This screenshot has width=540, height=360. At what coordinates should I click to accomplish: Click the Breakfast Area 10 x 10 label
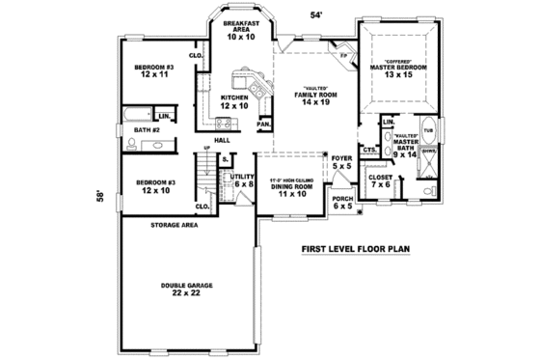coord(236,29)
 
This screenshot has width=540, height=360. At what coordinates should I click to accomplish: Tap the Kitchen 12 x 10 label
coord(235,102)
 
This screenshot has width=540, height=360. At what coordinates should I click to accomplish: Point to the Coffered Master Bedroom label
coord(398,69)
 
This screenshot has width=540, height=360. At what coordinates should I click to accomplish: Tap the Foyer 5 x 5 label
coord(342,161)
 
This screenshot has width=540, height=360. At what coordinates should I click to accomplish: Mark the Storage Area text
coord(174,225)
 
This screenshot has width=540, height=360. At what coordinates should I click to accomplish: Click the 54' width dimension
coord(315,14)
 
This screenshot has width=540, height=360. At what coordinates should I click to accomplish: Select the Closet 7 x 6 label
coord(380,181)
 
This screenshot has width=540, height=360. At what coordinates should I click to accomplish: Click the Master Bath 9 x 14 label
coord(405,146)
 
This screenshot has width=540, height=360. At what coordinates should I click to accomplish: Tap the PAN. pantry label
coord(263,125)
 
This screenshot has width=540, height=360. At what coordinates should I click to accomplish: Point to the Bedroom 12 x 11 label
coord(154,70)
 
